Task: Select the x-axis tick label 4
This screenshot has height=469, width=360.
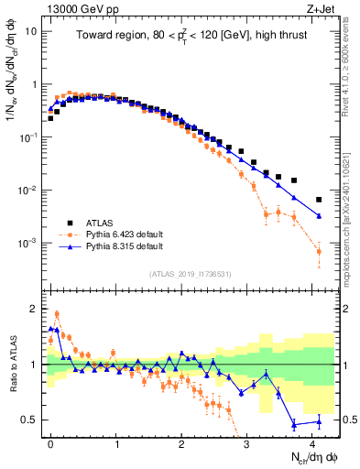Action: [x=313, y=442]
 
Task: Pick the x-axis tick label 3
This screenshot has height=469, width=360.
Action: [x=247, y=442]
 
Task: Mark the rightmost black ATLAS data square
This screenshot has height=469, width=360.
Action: [x=319, y=200]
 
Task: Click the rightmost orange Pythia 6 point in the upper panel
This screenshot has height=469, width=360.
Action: [x=319, y=251]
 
